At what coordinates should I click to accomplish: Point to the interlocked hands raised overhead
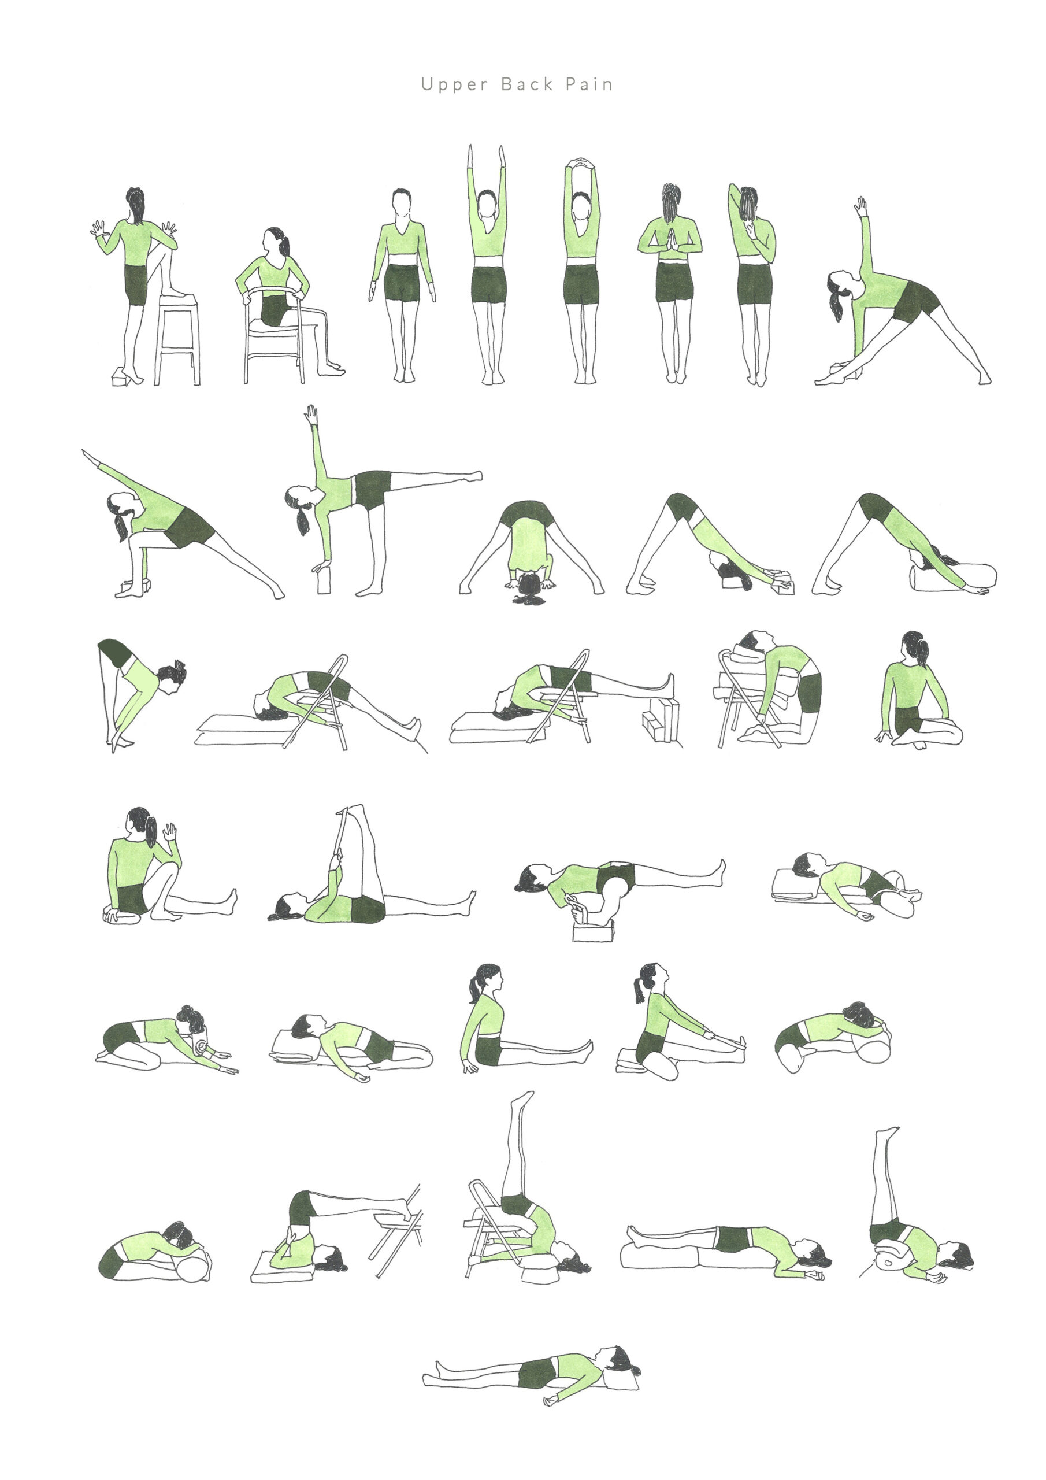tap(581, 162)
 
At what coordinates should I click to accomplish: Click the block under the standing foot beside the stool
tap(121, 377)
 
